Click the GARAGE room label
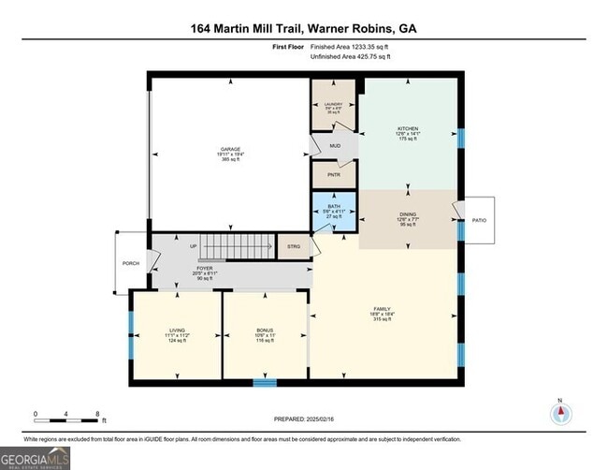click(x=230, y=149)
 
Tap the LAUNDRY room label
click(x=334, y=104)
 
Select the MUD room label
click(x=334, y=147)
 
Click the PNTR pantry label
click(x=334, y=174)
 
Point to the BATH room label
click(x=334, y=207)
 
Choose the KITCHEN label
click(x=408, y=128)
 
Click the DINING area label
click(x=408, y=214)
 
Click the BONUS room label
click(x=265, y=330)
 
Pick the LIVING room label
click(x=177, y=330)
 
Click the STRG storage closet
click(x=294, y=247)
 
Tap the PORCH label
click(x=131, y=263)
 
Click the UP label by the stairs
click(x=194, y=247)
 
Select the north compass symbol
click(x=559, y=414)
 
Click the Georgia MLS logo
click(x=36, y=457)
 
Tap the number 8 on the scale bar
click(x=97, y=413)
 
